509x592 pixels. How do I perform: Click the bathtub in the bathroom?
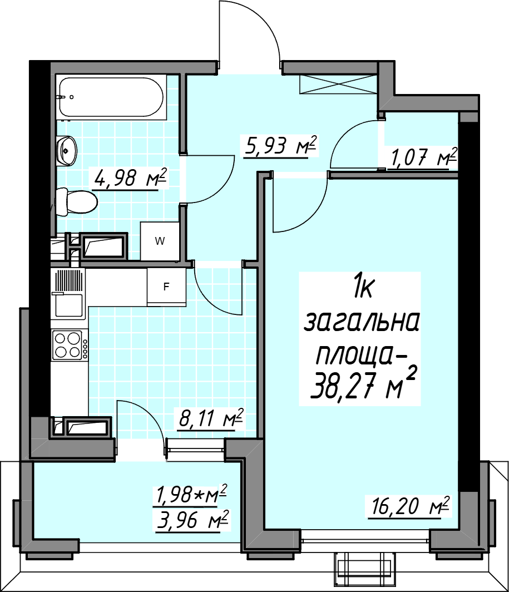(112, 97)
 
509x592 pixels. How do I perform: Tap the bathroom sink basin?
(66, 150)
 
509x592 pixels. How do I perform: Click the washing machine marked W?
(159, 241)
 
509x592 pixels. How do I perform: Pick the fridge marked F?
(166, 287)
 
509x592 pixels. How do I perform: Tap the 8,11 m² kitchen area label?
(211, 418)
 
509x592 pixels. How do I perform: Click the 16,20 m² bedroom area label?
(409, 506)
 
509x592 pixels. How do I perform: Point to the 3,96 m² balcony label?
(192, 520)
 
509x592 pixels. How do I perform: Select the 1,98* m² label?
(190, 494)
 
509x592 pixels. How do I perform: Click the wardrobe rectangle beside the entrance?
(338, 84)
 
